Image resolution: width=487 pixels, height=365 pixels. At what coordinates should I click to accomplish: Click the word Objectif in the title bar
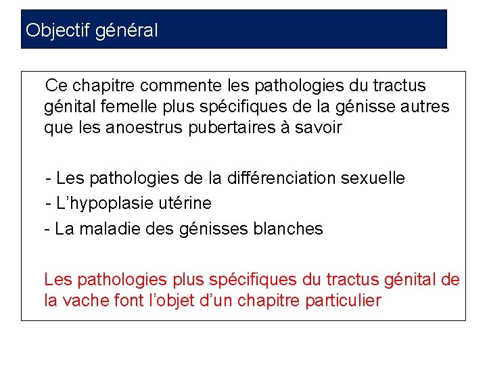point(58,30)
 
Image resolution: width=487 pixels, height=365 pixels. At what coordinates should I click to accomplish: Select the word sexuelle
point(373,178)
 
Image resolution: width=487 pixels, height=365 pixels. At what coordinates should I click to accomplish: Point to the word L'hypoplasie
point(99,203)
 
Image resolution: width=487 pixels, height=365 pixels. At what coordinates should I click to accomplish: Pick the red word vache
point(86,301)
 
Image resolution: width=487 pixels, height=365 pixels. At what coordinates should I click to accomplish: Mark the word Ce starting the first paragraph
point(56,87)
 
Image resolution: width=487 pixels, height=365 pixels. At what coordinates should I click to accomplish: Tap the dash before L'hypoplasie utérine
point(48,203)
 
